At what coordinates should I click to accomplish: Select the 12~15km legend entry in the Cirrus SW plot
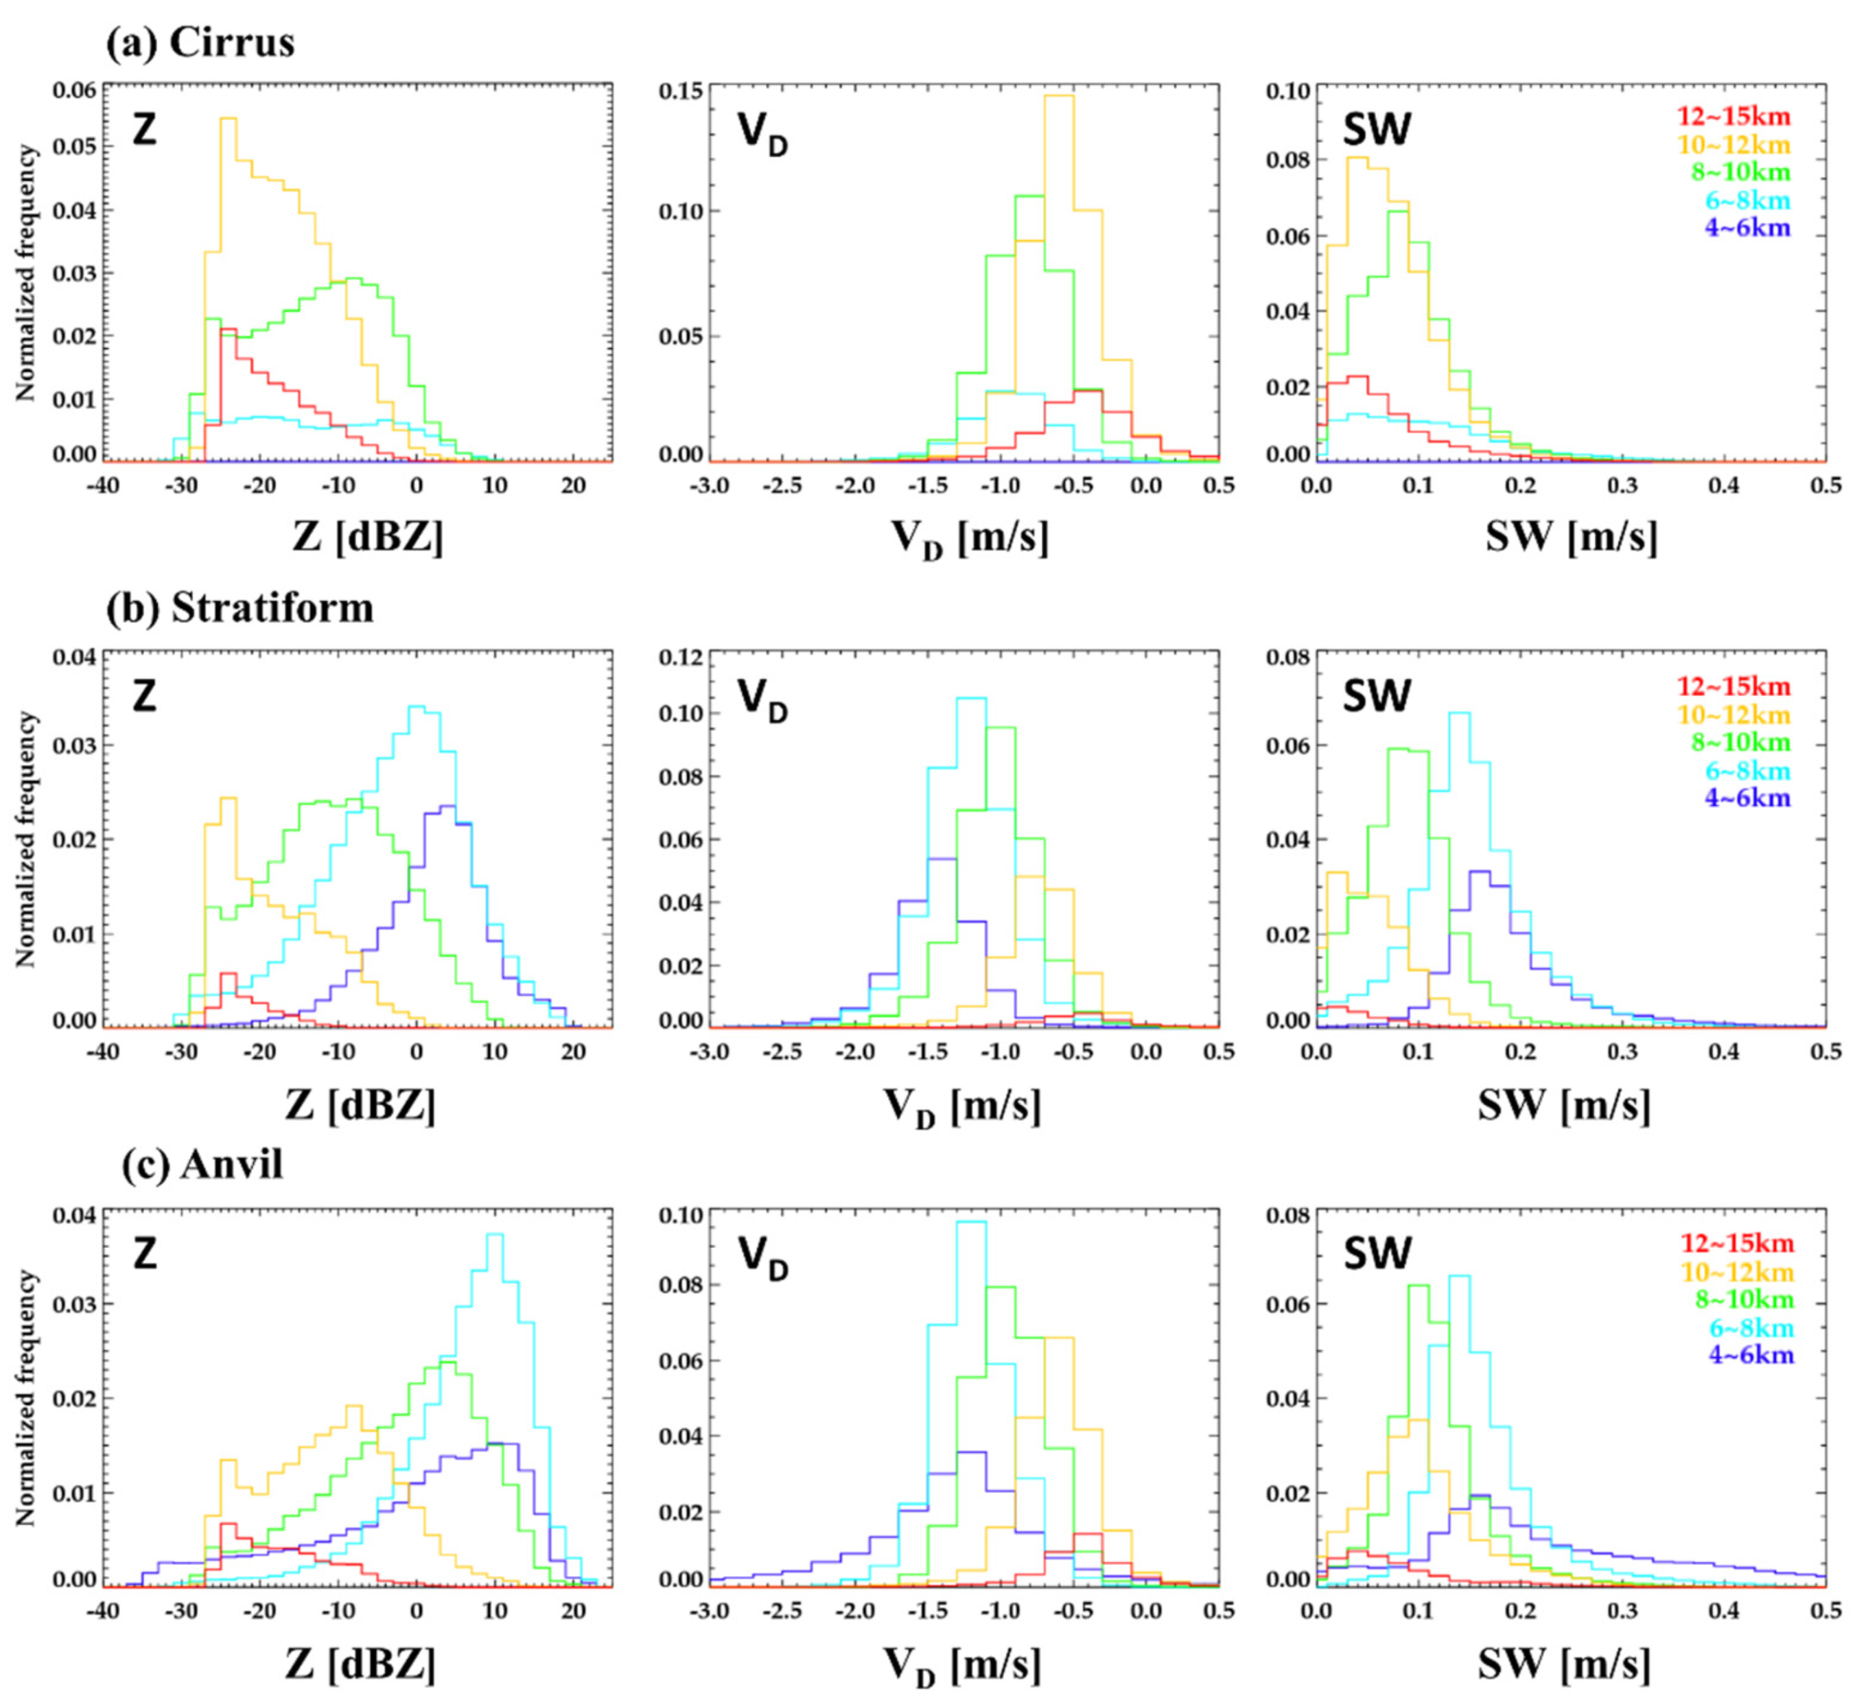coord(1734,117)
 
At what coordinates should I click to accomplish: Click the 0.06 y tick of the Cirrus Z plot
coord(74,91)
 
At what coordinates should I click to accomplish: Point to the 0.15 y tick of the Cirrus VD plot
coord(681,91)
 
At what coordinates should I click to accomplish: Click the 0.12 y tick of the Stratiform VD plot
coord(681,658)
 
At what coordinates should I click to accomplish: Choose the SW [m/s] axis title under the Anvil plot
coord(1565,1665)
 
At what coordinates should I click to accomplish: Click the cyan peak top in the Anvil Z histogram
coord(494,1234)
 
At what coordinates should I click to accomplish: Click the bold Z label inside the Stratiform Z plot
coord(144,697)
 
